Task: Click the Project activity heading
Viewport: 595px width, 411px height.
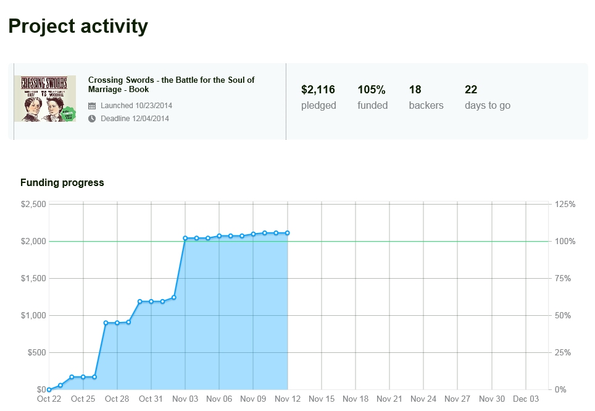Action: tap(78, 27)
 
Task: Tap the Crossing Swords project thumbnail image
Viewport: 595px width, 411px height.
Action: tap(45, 98)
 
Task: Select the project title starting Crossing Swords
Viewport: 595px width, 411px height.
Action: tap(171, 85)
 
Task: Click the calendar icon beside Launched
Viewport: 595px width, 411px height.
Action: tap(92, 106)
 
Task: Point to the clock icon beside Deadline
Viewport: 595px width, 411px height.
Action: tap(92, 119)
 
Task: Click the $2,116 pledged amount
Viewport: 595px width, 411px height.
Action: tap(318, 90)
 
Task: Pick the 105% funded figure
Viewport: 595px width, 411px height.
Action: tap(372, 90)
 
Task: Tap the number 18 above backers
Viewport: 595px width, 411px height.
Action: tap(415, 90)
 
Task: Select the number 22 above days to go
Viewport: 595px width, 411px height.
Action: tap(471, 90)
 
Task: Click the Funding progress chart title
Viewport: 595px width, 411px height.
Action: tap(62, 183)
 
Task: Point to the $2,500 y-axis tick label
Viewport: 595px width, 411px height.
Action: tap(33, 204)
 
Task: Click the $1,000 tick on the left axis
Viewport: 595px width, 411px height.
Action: tap(33, 315)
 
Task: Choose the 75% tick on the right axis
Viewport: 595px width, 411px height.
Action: tap(564, 278)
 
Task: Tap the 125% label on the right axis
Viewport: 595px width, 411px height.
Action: tap(565, 204)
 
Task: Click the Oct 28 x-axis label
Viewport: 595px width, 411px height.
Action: tap(117, 399)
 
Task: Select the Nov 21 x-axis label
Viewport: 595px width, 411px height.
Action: tap(389, 399)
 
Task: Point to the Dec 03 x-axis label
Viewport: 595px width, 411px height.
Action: tap(525, 399)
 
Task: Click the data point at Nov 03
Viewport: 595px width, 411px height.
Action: tap(185, 238)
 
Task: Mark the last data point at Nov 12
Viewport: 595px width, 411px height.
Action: tap(288, 233)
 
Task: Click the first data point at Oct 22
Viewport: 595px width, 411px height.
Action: tap(49, 389)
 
